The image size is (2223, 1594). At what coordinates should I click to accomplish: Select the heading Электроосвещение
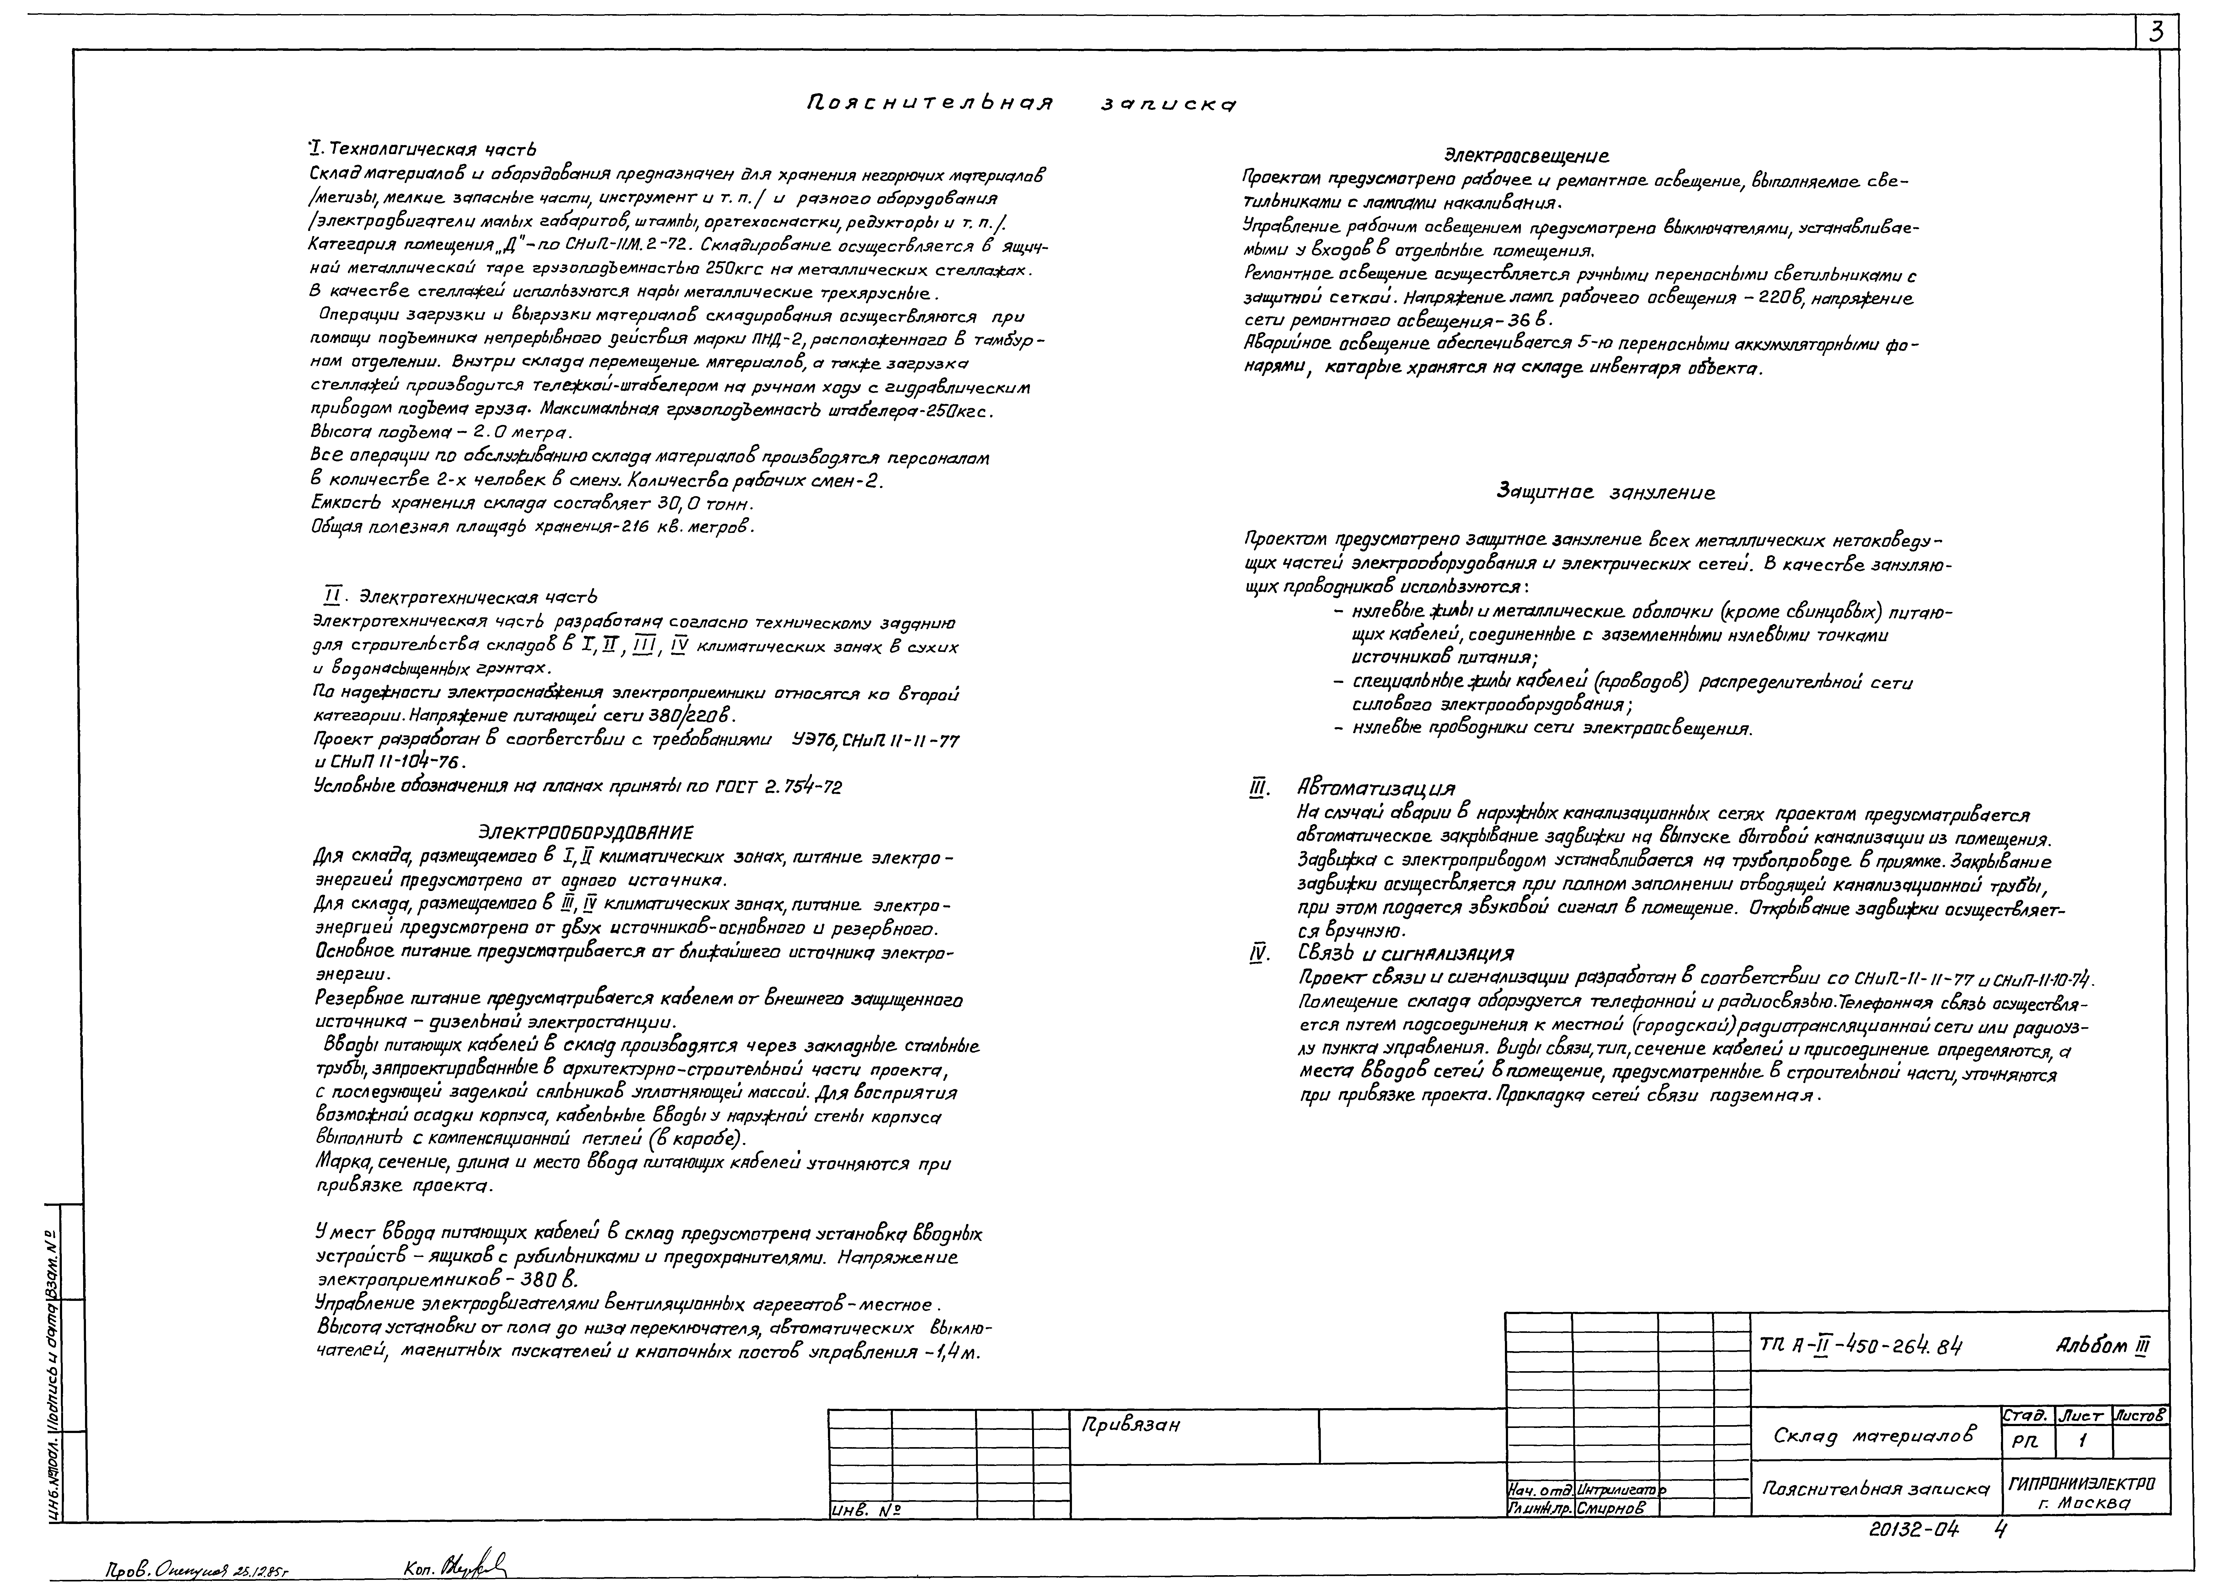coord(1526,155)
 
